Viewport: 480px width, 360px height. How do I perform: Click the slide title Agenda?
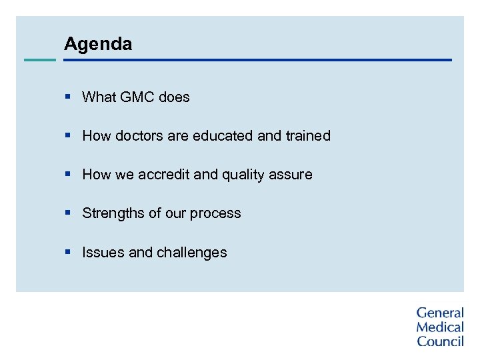pos(98,45)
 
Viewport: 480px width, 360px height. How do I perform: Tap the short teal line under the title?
pos(40,60)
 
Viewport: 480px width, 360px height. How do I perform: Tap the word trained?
pos(308,136)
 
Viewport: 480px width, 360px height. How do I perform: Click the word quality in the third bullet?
pos(243,175)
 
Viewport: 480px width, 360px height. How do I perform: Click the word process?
pos(215,214)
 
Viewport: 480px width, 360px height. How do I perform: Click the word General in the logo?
pos(440,313)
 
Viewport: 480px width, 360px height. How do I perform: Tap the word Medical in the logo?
pos(440,327)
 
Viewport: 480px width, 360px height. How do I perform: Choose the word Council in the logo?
pos(440,341)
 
